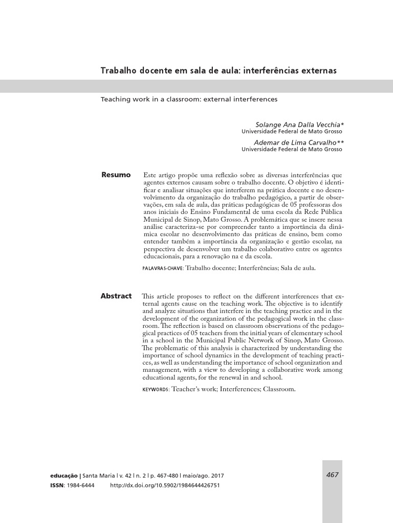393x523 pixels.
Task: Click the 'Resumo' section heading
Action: click(x=116, y=175)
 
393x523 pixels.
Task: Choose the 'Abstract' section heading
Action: click(x=116, y=296)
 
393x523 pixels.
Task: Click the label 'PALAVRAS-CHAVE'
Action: click(x=162, y=268)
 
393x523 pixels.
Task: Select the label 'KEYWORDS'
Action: click(x=156, y=389)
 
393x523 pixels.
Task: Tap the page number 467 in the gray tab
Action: click(x=332, y=475)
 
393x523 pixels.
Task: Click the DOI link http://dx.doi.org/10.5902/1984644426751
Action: click(x=165, y=485)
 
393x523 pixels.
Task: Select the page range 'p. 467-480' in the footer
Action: click(x=162, y=476)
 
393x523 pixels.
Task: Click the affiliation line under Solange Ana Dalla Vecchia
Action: click(x=292, y=131)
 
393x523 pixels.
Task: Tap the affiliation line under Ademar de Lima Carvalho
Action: click(x=292, y=150)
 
